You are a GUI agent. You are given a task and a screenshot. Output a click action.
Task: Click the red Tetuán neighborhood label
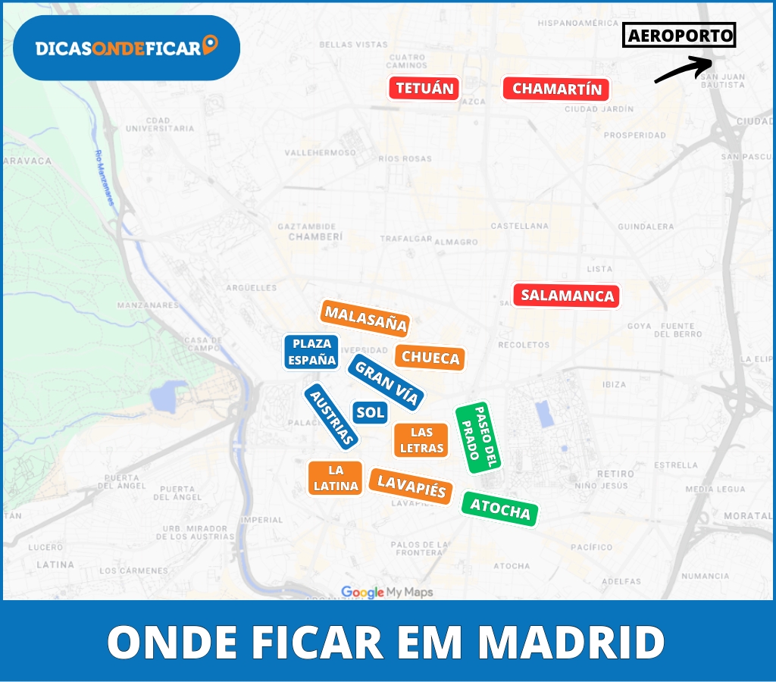pyautogui.click(x=424, y=89)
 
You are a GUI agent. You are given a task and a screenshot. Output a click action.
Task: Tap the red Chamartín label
pyautogui.click(x=556, y=89)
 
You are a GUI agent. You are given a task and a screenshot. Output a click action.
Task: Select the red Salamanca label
pyautogui.click(x=567, y=296)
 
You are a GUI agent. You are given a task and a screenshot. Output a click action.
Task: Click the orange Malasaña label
pyautogui.click(x=365, y=319)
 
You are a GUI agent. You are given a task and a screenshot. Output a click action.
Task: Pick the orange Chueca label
pyautogui.click(x=430, y=358)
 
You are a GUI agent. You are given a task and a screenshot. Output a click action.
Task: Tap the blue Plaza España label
pyautogui.click(x=311, y=352)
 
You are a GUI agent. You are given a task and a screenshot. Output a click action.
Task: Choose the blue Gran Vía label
pyautogui.click(x=386, y=383)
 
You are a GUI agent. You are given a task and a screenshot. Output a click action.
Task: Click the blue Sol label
pyautogui.click(x=370, y=412)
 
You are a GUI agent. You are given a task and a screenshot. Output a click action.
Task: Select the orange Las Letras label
pyautogui.click(x=421, y=440)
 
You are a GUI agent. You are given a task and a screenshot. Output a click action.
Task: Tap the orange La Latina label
pyautogui.click(x=335, y=478)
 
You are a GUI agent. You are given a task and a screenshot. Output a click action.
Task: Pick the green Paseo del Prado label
pyautogui.click(x=479, y=437)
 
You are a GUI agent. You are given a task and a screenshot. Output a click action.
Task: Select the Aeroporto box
pyautogui.click(x=679, y=35)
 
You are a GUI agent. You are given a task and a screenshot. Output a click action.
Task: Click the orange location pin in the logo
pyautogui.click(x=211, y=45)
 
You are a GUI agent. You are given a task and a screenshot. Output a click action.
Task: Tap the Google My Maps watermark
pyautogui.click(x=386, y=592)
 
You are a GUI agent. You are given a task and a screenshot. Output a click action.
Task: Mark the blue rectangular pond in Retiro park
pyautogui.click(x=543, y=414)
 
